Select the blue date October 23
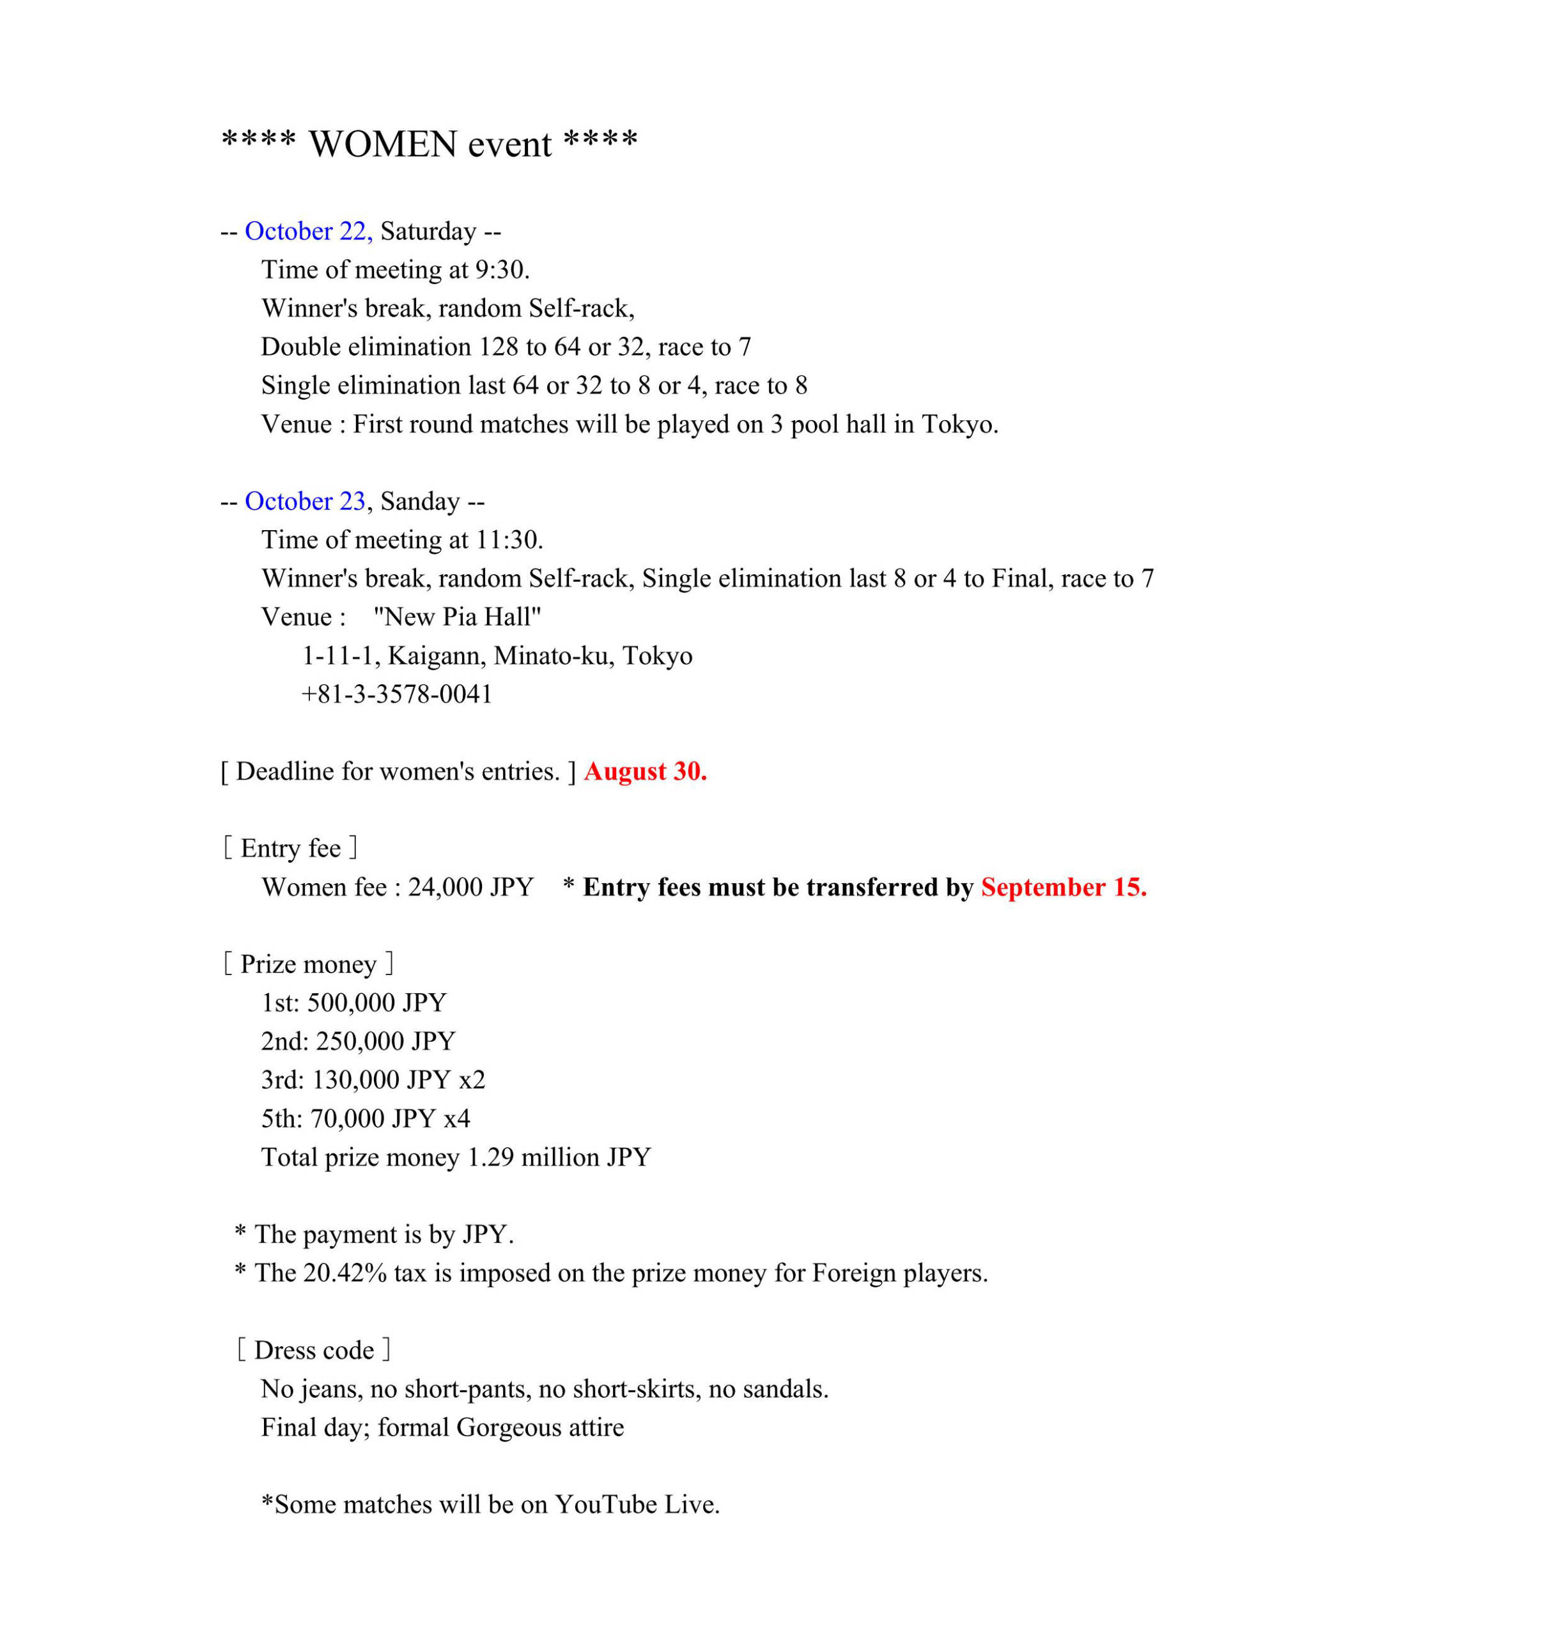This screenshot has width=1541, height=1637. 305,501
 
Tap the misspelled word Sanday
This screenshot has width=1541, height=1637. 420,501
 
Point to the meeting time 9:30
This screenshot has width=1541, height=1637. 501,270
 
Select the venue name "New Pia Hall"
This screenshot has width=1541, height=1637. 457,618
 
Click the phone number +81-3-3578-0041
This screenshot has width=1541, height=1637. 397,694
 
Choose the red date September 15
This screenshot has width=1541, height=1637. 1064,888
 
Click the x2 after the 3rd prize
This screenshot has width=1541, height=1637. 472,1080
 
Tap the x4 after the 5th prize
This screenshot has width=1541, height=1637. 457,1119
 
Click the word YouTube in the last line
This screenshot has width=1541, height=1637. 605,1505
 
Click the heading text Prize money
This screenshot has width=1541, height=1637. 308,964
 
